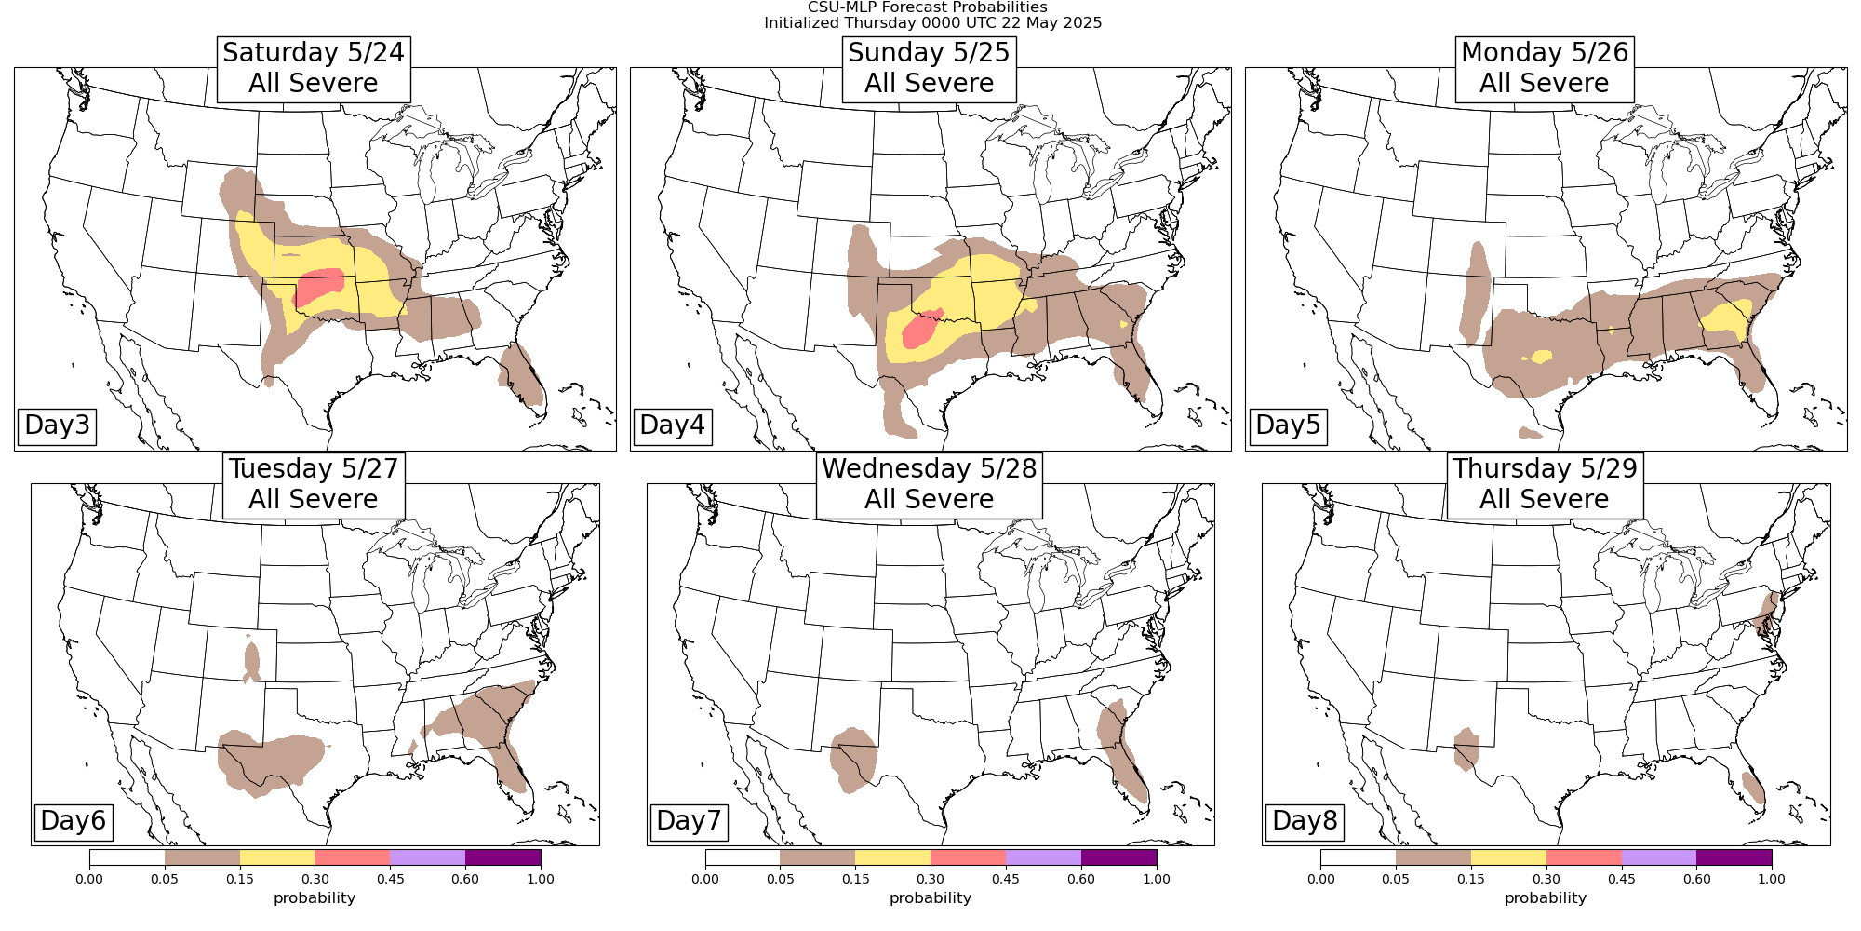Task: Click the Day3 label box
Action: pyautogui.click(x=57, y=425)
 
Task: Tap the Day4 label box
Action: pyautogui.click(x=672, y=425)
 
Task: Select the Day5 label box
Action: pyautogui.click(x=1288, y=425)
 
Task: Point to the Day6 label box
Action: pyautogui.click(x=74, y=821)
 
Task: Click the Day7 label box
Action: pyautogui.click(x=689, y=821)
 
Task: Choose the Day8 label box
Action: pyautogui.click(x=1305, y=821)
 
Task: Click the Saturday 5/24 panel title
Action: pyautogui.click(x=314, y=68)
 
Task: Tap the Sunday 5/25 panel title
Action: pyautogui.click(x=929, y=68)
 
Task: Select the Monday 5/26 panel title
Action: pyautogui.click(x=1545, y=68)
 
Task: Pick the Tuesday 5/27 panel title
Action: pyautogui.click(x=314, y=484)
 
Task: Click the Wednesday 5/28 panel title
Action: pyautogui.click(x=929, y=484)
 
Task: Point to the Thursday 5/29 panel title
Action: pyautogui.click(x=1545, y=484)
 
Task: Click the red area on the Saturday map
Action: pyautogui.click(x=319, y=286)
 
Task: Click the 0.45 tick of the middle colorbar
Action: pyautogui.click(x=1006, y=879)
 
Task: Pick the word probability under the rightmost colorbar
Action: pyautogui.click(x=1546, y=898)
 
